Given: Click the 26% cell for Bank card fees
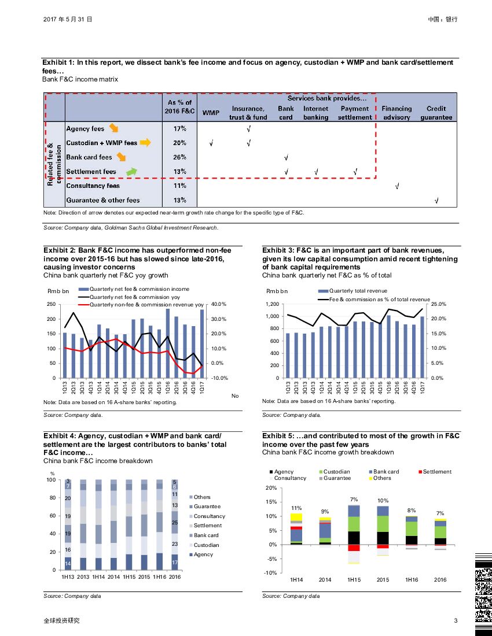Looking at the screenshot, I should point(179,157).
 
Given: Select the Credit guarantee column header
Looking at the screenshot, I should point(436,113).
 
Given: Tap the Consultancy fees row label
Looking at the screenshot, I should point(93,186).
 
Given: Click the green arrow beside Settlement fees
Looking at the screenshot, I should point(132,171).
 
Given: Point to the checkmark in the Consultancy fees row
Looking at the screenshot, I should point(396,186).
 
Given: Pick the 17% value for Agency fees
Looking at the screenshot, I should point(179,128).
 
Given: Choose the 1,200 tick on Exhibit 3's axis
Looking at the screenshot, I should point(271,304).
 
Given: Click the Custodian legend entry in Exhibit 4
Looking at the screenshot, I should point(206,545).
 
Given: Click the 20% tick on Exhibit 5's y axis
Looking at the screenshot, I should point(271,489).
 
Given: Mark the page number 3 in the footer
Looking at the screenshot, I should point(456,621).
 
